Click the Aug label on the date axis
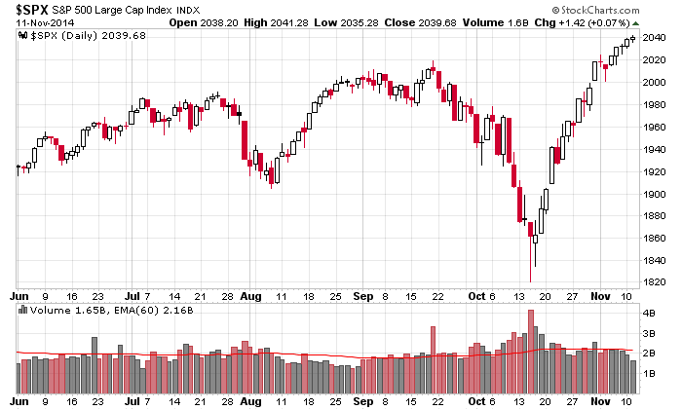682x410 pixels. (251, 401)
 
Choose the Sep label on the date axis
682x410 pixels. (363, 401)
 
